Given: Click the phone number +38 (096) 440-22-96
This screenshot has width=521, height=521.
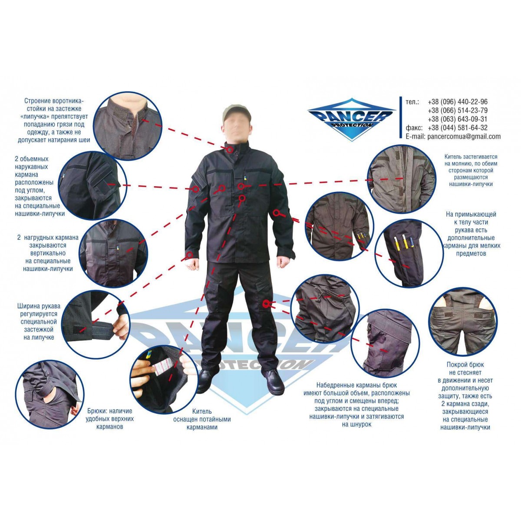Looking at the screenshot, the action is pos(458,102).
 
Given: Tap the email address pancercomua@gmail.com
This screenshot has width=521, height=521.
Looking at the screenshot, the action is pos(464,137).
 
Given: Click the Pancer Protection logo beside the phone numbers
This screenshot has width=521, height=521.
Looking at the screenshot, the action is pos(352,119).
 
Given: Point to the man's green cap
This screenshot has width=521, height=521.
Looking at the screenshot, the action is pos(236,112).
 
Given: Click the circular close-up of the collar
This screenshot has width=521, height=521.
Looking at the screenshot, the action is pos(127,126).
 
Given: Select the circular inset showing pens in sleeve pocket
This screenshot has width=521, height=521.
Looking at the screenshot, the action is pos(409,253).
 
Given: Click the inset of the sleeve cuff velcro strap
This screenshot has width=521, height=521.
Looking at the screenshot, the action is pos(95,324).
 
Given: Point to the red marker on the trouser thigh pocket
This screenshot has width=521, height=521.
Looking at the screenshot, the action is pos(266,303).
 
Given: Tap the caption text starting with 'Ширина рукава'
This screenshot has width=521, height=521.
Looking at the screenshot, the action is pos(38,322).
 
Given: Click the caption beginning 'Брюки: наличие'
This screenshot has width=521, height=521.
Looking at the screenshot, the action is pos(110,419).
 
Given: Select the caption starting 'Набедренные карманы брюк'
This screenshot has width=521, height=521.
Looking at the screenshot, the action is pos(356,405).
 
